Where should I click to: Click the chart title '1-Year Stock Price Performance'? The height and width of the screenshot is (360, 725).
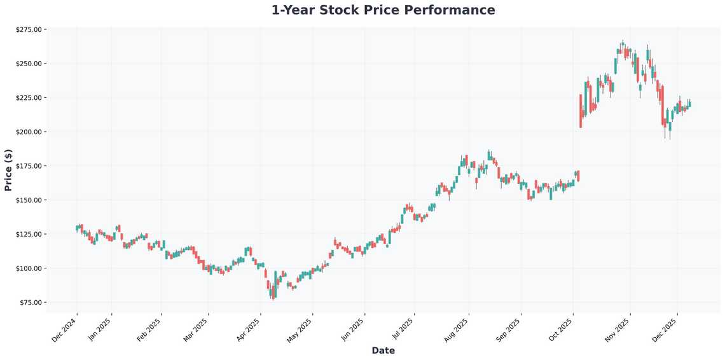pos(383,10)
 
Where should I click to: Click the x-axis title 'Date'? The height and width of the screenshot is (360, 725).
pos(383,350)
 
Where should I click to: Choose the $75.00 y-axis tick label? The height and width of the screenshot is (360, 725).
pos(29,303)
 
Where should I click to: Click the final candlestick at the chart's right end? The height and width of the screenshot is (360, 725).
pos(690,104)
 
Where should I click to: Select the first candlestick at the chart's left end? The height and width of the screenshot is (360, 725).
pos(77,228)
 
